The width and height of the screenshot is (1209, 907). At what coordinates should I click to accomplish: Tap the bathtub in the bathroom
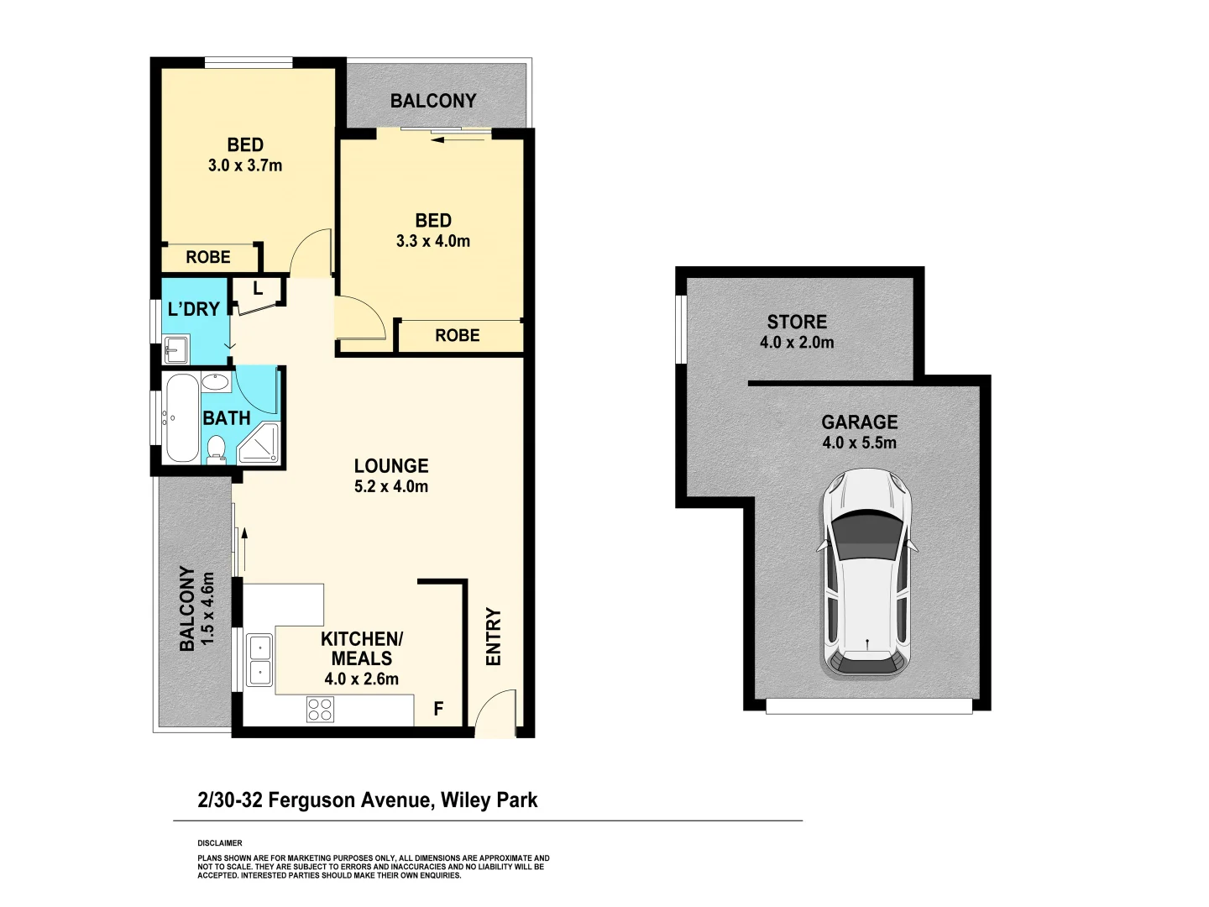pos(182,418)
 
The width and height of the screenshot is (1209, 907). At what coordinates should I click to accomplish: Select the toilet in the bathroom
pos(216,448)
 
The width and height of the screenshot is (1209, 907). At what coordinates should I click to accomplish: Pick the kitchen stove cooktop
pos(320,710)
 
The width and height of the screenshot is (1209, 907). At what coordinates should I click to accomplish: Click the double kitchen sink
pos(259,660)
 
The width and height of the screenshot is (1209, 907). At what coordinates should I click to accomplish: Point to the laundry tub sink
pos(176,348)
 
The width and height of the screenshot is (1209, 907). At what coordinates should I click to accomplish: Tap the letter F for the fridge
pos(438,710)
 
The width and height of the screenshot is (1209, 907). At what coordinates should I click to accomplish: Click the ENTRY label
pos(494,637)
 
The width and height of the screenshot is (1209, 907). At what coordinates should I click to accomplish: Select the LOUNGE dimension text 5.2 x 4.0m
pos(391,486)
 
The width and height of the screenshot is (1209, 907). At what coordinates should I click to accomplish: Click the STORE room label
pos(797,322)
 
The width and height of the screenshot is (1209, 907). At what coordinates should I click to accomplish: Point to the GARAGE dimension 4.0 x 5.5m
pos(859,443)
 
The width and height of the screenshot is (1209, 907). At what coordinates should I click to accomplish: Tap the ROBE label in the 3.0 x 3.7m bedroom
pos(208,257)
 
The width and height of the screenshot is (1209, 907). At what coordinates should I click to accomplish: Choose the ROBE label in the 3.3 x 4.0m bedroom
pos(458,335)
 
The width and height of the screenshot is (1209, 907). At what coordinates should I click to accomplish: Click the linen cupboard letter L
pos(258,289)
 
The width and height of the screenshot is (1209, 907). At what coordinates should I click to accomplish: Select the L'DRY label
pos(193,309)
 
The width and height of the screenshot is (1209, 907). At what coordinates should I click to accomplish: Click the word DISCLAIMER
pos(220,843)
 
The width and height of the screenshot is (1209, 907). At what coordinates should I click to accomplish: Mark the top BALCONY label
pos(433,101)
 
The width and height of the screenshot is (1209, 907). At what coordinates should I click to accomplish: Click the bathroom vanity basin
pos(216,382)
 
